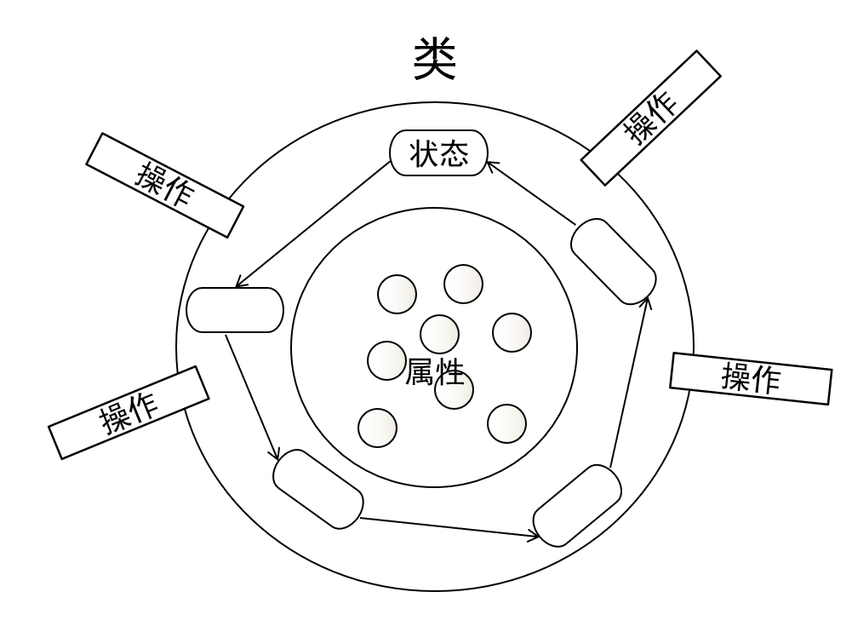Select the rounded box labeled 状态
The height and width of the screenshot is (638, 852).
439,153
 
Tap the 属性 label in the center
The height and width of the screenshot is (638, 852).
435,372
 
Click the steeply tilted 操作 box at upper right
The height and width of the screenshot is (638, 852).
650,118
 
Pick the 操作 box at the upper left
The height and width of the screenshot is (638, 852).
165,185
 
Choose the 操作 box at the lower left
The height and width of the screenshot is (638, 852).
129,413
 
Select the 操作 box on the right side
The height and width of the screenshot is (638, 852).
751,378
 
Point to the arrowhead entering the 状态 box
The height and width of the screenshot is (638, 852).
493,167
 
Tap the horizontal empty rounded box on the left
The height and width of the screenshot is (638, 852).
234,310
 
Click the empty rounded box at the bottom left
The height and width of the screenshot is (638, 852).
318,489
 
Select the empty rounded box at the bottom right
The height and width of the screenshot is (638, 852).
577,505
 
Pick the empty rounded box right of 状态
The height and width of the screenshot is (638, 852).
613,262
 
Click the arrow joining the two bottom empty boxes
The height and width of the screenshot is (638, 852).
449,527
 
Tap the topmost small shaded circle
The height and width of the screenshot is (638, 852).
463,285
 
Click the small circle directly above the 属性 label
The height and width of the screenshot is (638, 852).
439,333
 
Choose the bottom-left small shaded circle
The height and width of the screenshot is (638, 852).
377,428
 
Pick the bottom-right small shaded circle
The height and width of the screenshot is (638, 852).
506,423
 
